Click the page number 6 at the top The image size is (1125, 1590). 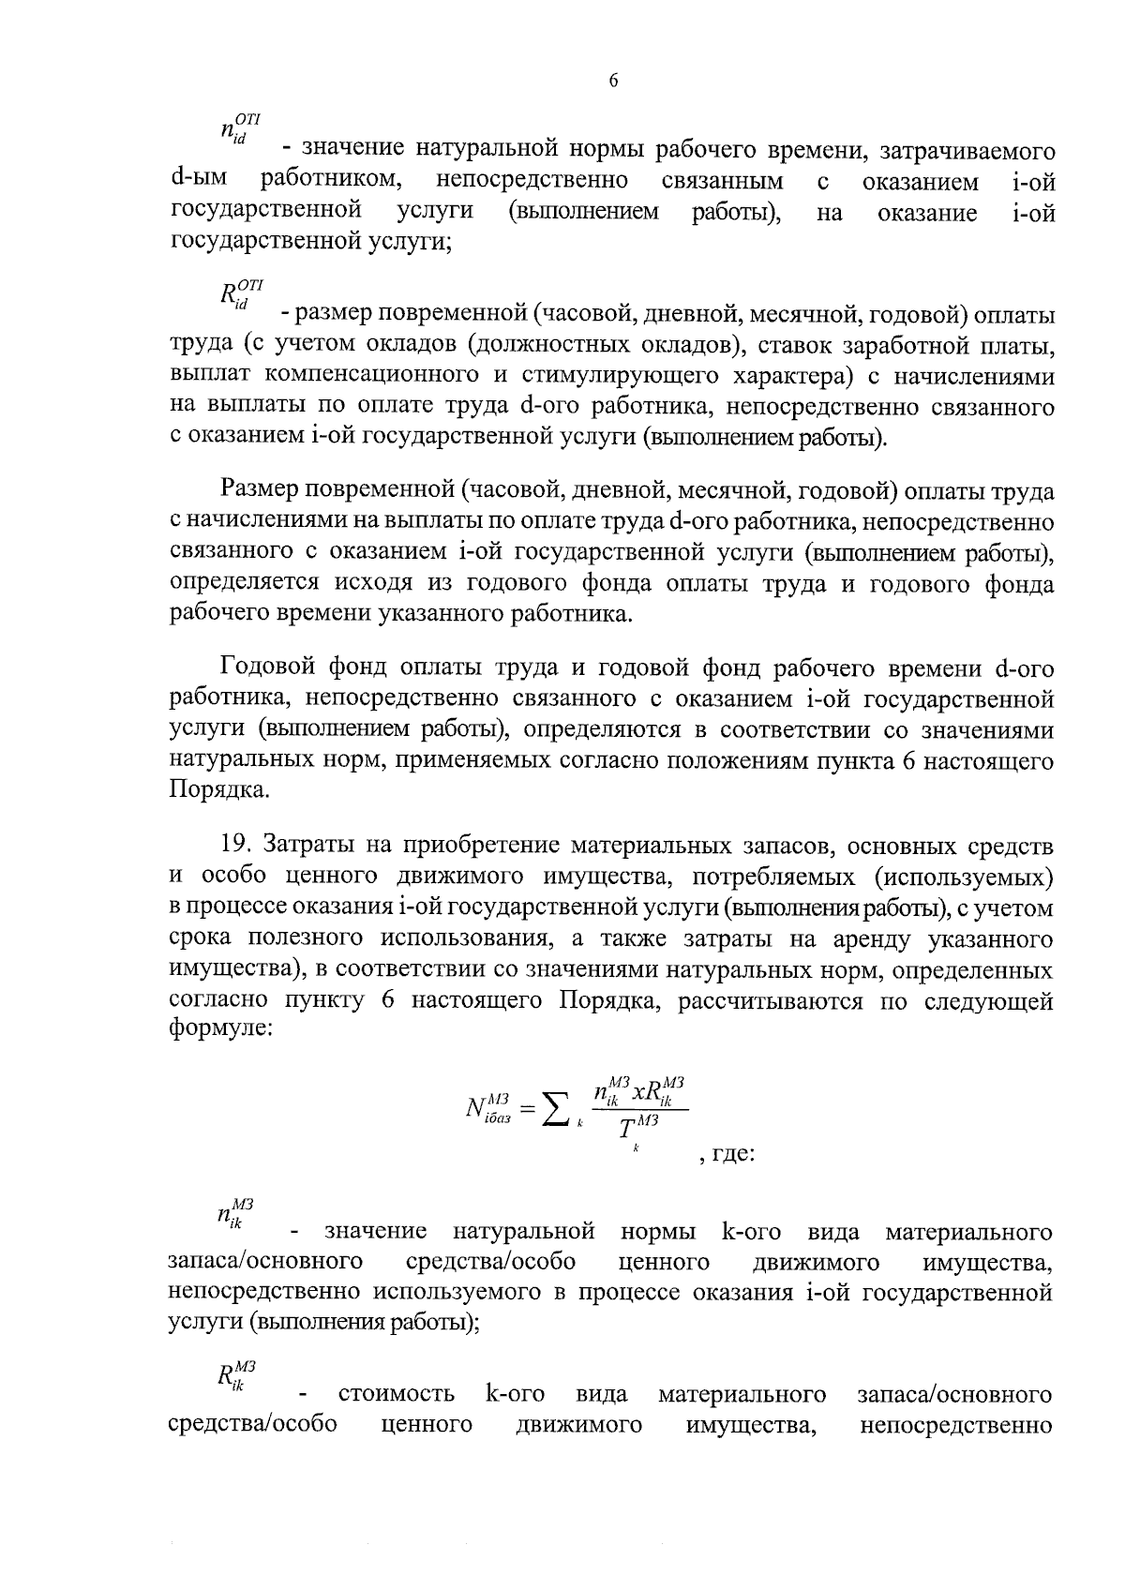point(613,81)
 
